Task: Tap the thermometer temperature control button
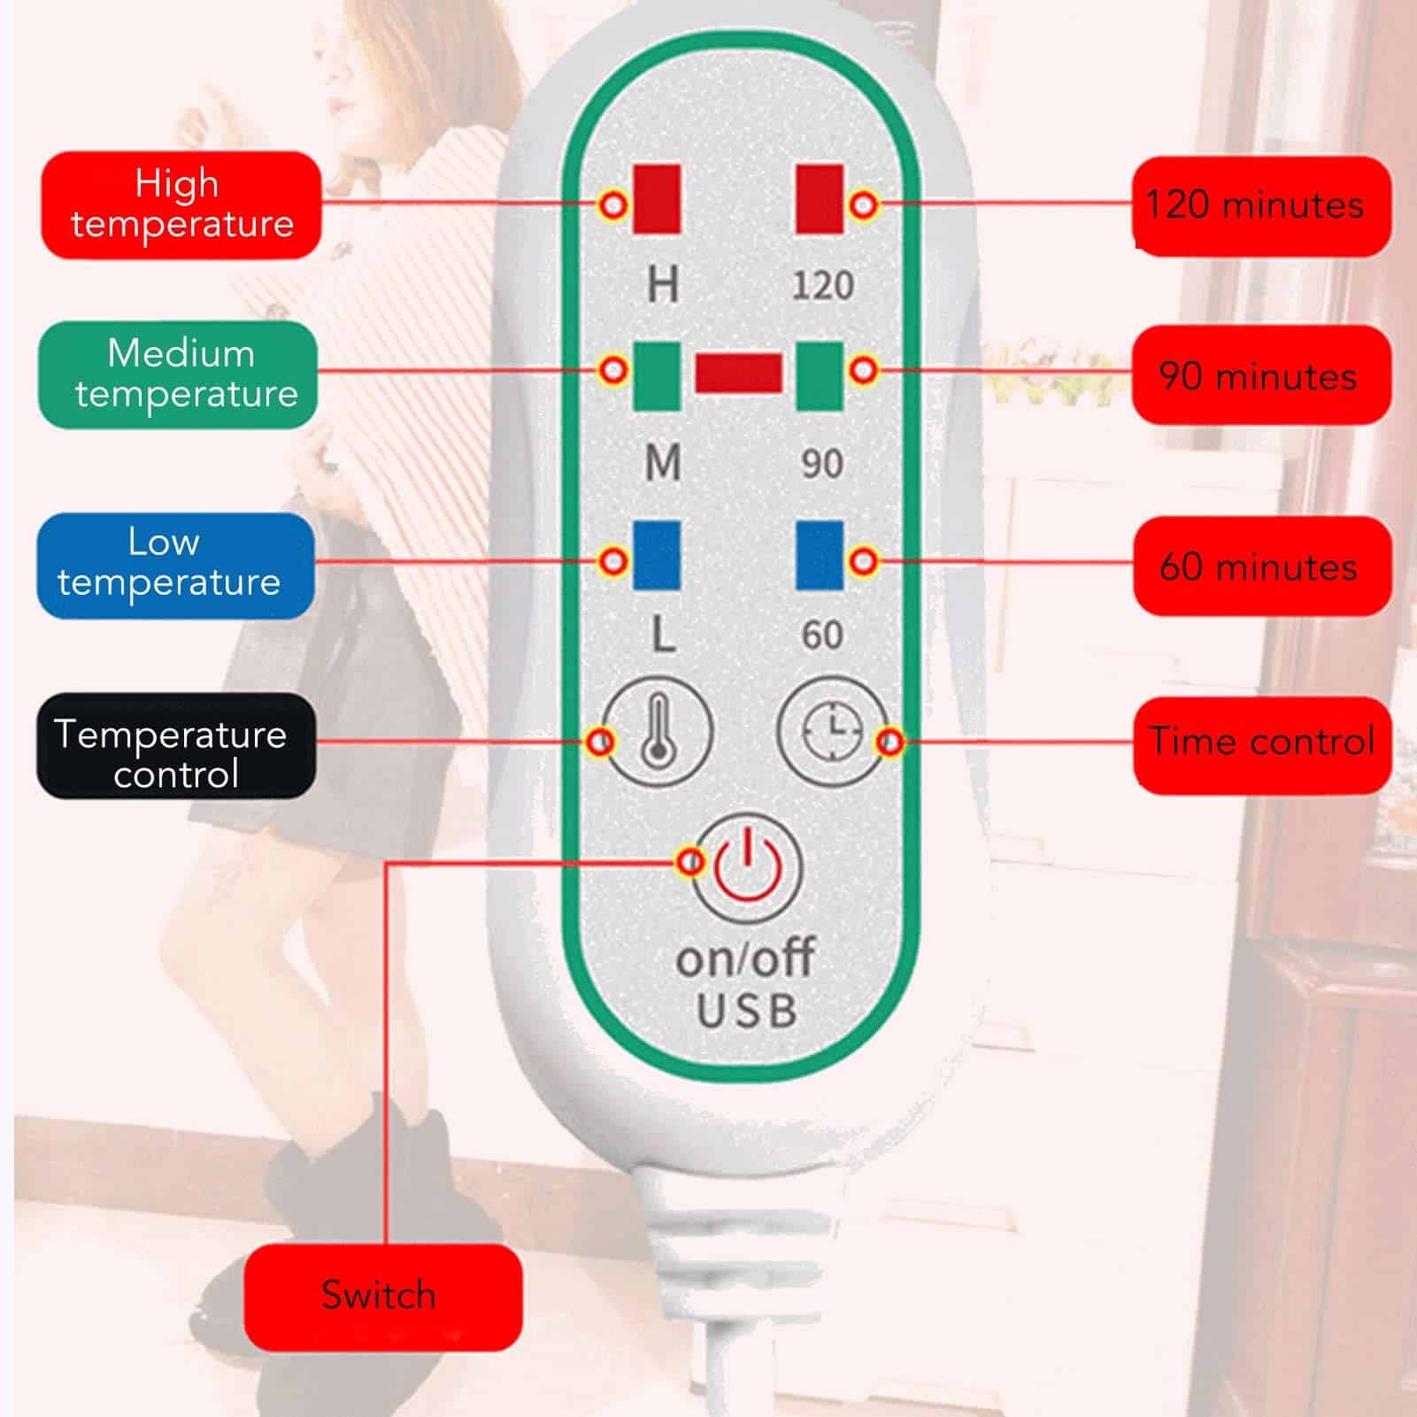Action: tap(657, 732)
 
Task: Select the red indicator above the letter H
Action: tap(657, 198)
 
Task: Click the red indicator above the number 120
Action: tap(820, 198)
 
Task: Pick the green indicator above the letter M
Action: tap(657, 376)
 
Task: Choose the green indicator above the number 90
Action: tap(820, 376)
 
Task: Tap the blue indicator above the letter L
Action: tap(657, 555)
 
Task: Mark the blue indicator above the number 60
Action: tap(820, 555)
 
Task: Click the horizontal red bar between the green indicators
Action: tap(738, 373)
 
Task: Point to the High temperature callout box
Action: tap(181, 205)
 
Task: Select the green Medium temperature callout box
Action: tap(178, 374)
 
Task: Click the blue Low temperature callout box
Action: tap(175, 565)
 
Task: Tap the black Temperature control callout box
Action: tap(175, 746)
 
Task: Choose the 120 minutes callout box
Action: tap(1261, 206)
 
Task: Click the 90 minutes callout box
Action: tap(1261, 375)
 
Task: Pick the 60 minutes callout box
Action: tap(1261, 566)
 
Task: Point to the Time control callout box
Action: tap(1261, 744)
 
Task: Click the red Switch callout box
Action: tap(382, 1297)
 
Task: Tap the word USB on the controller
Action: tap(747, 1012)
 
